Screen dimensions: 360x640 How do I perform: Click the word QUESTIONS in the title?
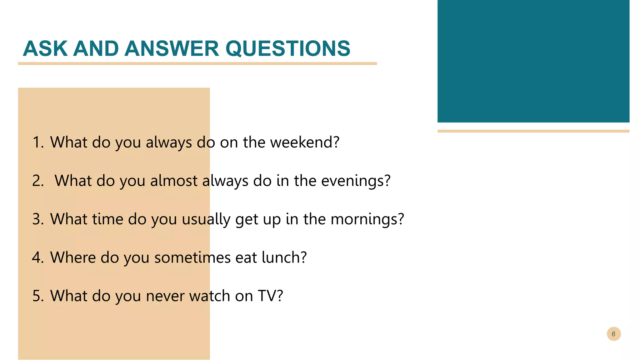coord(288,49)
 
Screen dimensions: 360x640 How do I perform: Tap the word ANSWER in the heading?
coord(172,49)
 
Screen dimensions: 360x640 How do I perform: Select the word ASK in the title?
coord(45,49)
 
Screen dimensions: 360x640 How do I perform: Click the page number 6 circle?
coord(613,334)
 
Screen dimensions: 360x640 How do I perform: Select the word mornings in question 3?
coord(367,219)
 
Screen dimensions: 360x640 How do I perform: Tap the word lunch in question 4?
coord(284,257)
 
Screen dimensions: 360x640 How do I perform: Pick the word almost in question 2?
coord(174,181)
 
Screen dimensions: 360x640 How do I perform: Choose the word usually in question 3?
coord(206,219)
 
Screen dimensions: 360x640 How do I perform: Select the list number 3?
coord(38,219)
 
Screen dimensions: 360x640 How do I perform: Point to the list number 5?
coord(38,296)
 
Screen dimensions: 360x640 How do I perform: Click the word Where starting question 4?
coord(73,257)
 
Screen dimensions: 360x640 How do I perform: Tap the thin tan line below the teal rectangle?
coord(533,131)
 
